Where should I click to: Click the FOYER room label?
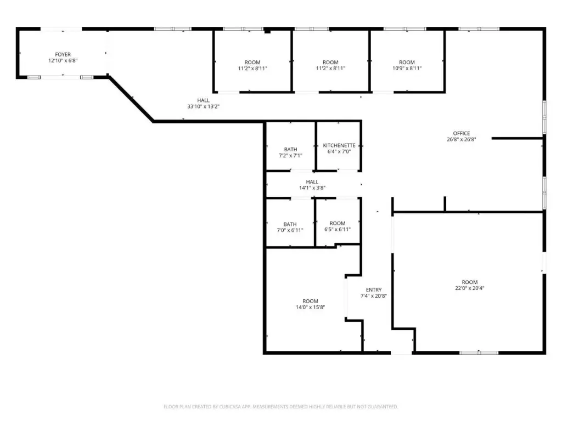(63, 54)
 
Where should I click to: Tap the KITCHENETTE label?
(339, 145)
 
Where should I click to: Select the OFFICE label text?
(461, 133)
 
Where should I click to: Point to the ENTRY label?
(374, 289)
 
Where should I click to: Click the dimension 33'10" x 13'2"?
(203, 106)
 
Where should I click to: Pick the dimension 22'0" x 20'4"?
(470, 288)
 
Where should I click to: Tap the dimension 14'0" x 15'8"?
(311, 307)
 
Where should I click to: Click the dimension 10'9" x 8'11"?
(407, 68)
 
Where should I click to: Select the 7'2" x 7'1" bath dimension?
(290, 155)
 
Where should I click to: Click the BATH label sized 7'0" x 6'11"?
(290, 224)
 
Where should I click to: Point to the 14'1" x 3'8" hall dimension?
(312, 187)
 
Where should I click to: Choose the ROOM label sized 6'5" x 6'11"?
(338, 223)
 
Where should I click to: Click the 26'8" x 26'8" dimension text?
(461, 139)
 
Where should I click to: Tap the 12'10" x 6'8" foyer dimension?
(63, 60)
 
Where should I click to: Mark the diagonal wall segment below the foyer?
(131, 99)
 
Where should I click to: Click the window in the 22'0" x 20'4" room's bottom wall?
(479, 352)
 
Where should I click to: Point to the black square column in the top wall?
(267, 31)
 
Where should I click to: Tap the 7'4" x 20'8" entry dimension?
(373, 295)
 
